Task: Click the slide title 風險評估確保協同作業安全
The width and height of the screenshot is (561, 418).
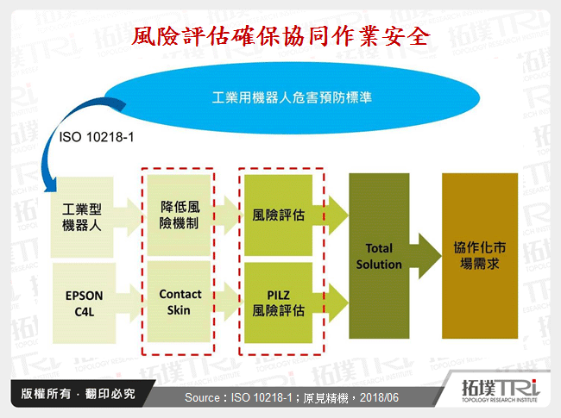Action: tap(280, 38)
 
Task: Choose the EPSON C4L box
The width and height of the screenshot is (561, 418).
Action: tap(84, 302)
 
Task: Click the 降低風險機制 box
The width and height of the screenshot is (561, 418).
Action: tap(180, 215)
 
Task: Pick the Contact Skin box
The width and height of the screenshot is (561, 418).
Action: tap(180, 302)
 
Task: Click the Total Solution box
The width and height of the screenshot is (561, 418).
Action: tap(379, 258)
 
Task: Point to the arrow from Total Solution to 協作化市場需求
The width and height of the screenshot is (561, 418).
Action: tap(425, 256)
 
